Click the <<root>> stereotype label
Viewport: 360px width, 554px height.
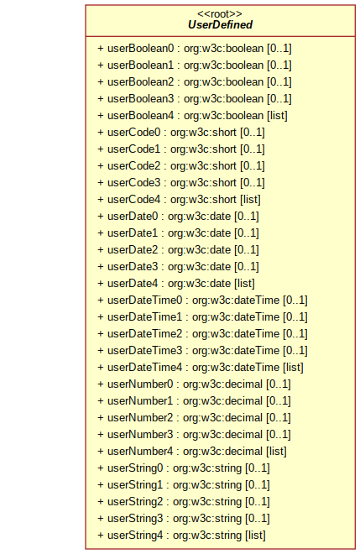pos(220,13)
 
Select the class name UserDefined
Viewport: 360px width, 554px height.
pos(220,24)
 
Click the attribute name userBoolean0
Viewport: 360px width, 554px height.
pos(141,48)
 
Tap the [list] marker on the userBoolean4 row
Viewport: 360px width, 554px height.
pos(277,116)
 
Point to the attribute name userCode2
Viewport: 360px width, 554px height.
pos(134,165)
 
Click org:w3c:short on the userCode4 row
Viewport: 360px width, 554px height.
pos(203,199)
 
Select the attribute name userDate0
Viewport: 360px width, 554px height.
pos(133,216)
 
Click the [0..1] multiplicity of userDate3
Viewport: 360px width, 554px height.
pos(247,266)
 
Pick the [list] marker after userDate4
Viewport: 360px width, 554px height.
pos(244,284)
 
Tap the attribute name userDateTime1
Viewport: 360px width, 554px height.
pos(145,316)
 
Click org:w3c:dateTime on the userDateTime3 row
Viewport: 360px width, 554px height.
pos(236,351)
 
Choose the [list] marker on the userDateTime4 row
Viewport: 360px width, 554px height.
pos(293,368)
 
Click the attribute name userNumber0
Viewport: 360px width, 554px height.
pos(140,384)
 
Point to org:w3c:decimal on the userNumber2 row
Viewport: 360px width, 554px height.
pos(222,418)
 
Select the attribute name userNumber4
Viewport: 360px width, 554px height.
pos(140,452)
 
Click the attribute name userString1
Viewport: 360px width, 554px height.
pos(135,485)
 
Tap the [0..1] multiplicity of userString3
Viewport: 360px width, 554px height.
pos(258,518)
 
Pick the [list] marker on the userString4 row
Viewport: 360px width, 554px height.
pos(255,536)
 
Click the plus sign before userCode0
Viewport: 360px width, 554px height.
pos(101,133)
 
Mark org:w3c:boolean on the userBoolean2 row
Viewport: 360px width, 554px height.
pos(223,82)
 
